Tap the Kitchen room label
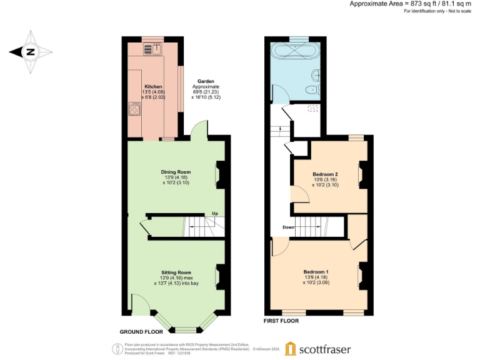pyautogui.click(x=154, y=86)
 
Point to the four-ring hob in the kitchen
pyautogui.click(x=134, y=111)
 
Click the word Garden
pyautogui.click(x=206, y=81)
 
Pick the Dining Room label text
pyautogui.click(x=175, y=172)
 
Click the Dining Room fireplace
pyautogui.click(x=221, y=175)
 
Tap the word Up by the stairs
pyautogui.click(x=214, y=213)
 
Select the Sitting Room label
pyautogui.click(x=176, y=272)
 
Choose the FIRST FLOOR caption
pyautogui.click(x=281, y=321)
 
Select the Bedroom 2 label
pyautogui.click(x=325, y=174)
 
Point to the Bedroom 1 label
pyautogui.click(x=316, y=271)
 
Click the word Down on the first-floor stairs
pyautogui.click(x=288, y=227)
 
